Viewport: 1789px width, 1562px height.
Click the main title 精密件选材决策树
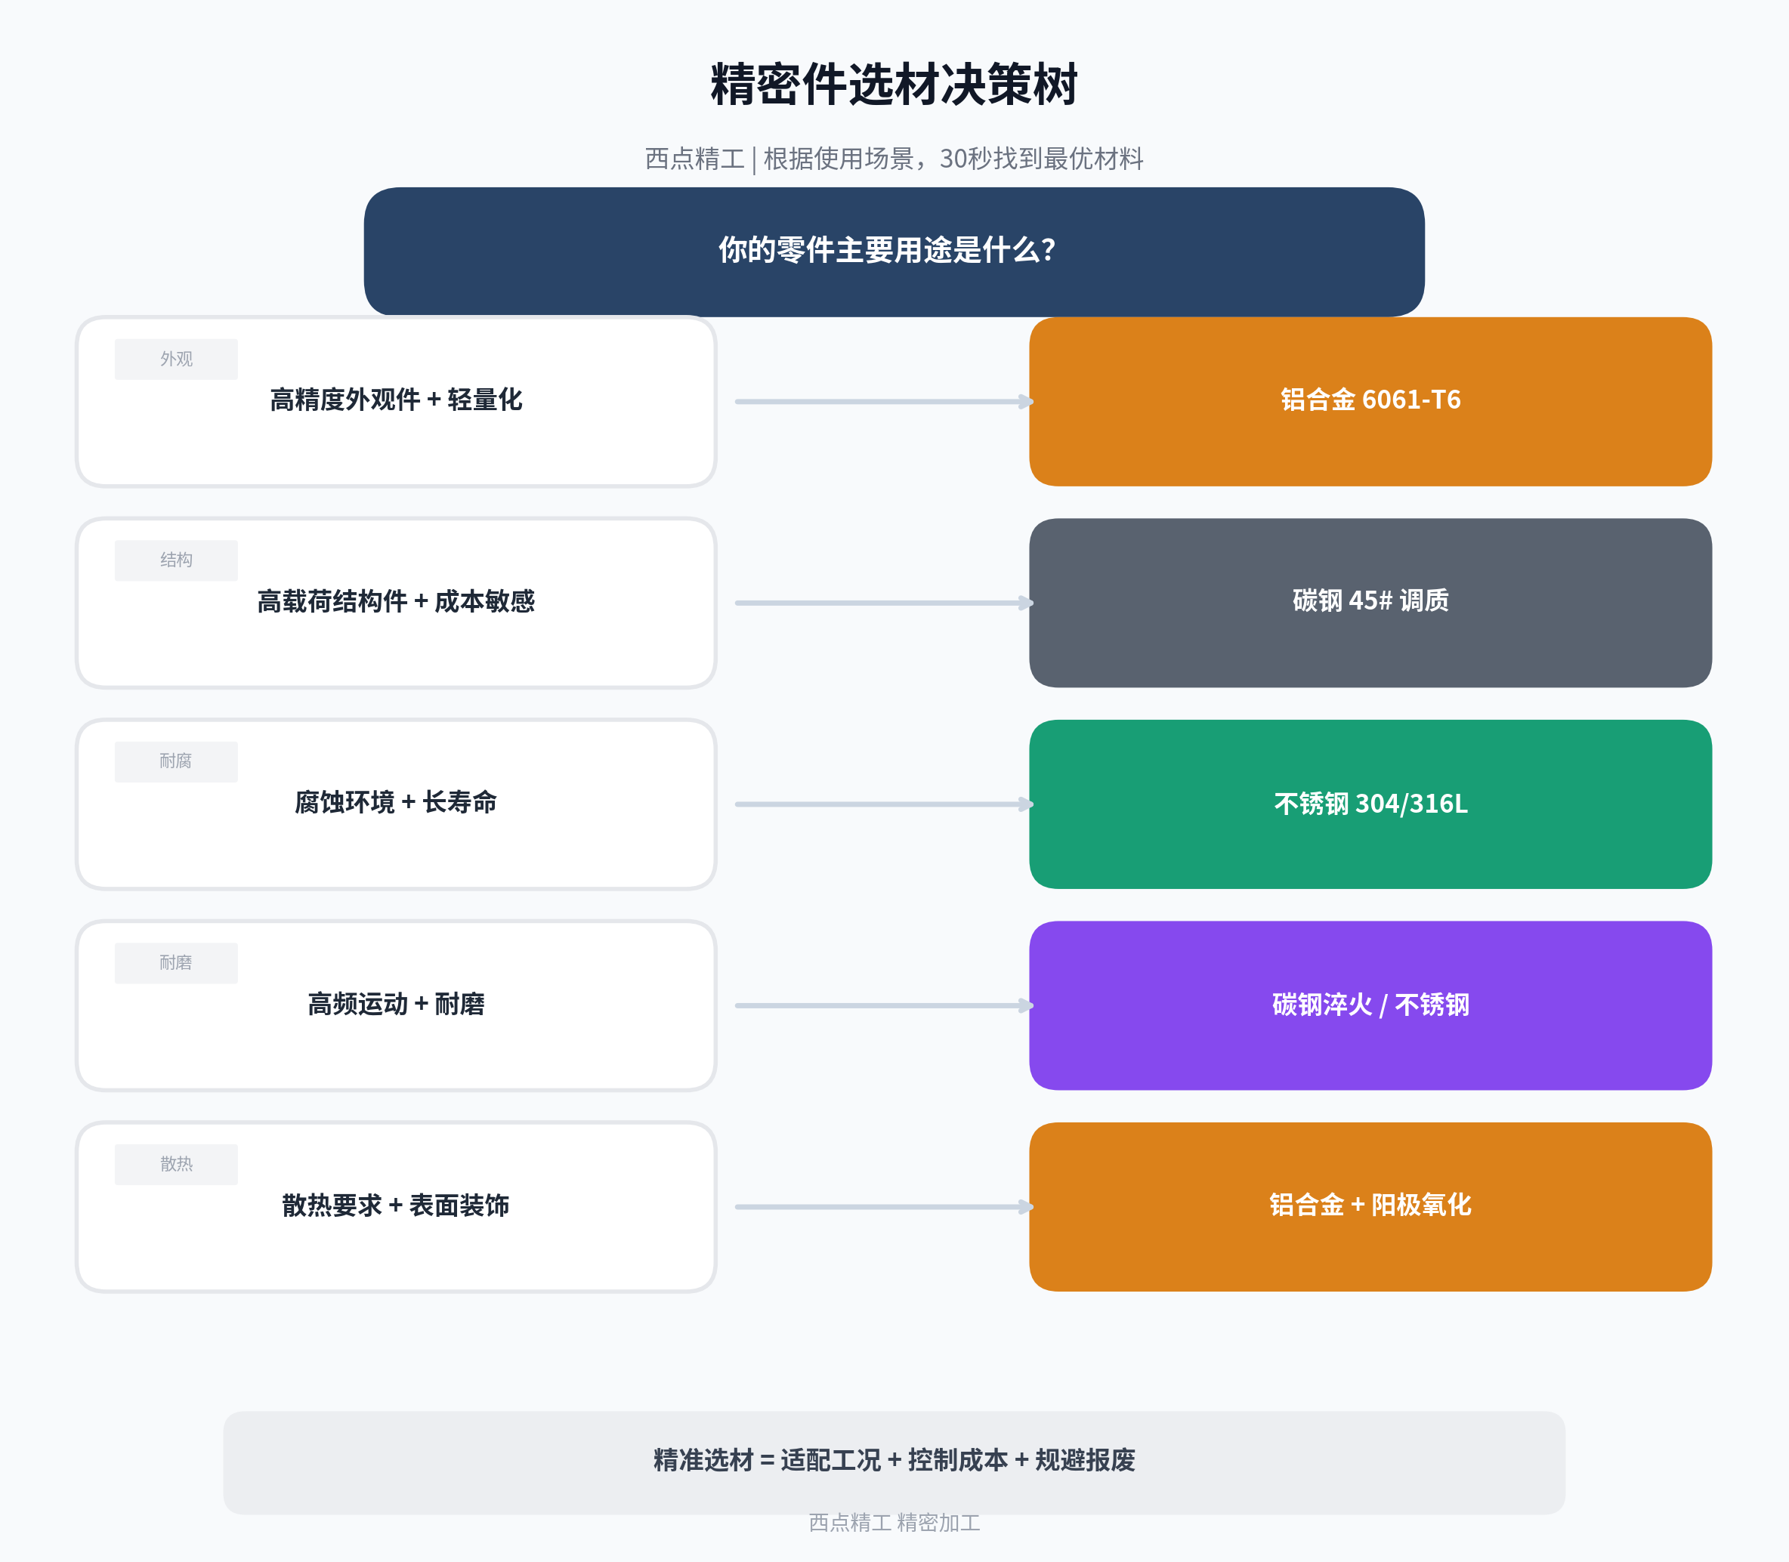click(x=894, y=85)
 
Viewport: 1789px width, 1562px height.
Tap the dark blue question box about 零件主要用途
click(x=894, y=251)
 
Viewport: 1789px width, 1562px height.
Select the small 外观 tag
click(x=176, y=359)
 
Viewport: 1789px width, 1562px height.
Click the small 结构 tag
click(x=176, y=560)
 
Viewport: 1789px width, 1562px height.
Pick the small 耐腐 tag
click(x=176, y=762)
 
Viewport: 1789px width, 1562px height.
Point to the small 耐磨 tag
click(x=176, y=963)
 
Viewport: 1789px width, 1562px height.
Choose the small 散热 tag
click(x=176, y=1165)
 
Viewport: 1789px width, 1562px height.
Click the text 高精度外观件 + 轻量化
click(x=396, y=400)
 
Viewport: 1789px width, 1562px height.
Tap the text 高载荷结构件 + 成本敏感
click(x=396, y=601)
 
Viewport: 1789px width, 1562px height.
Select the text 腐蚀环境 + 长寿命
click(x=396, y=803)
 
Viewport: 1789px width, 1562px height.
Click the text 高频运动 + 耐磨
click(x=396, y=1004)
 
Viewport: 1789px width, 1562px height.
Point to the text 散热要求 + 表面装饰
click(x=396, y=1205)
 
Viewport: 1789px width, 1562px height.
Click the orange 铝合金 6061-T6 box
click(x=1370, y=402)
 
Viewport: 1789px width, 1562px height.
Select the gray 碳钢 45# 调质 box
click(x=1370, y=603)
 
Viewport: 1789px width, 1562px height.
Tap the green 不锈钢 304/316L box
click(x=1370, y=804)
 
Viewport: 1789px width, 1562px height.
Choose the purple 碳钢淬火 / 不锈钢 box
click(x=1370, y=1006)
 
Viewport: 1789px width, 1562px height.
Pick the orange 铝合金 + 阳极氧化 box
click(x=1370, y=1207)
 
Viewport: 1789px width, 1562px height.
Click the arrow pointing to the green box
click(x=884, y=804)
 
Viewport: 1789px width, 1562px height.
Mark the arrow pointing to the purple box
click(x=884, y=1006)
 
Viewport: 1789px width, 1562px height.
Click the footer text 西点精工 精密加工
click(x=894, y=1523)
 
